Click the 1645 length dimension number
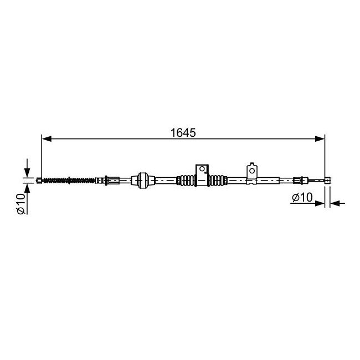pyautogui.click(x=183, y=133)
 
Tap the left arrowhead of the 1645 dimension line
pyautogui.click(x=47, y=138)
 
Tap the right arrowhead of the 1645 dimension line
pyautogui.click(x=320, y=138)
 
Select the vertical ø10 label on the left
pyautogui.click(x=21, y=203)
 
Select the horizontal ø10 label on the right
pyautogui.click(x=302, y=197)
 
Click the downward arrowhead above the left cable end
pyautogui.click(x=27, y=172)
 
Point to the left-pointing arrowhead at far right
pyautogui.click(x=335, y=203)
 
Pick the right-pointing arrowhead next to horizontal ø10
pyautogui.click(x=320, y=203)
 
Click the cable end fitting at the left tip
pyautogui.click(x=39, y=181)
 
